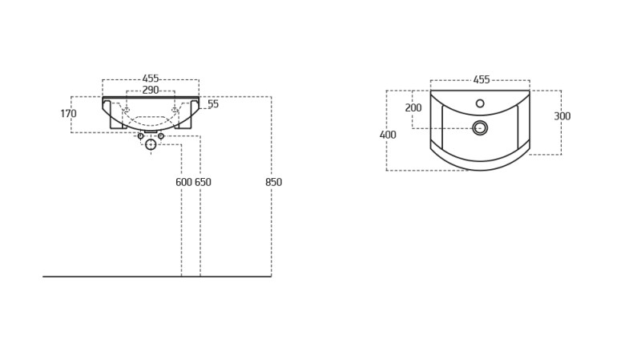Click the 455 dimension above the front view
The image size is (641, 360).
point(151,79)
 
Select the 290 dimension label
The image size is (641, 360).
point(151,90)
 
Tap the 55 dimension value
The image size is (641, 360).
point(213,104)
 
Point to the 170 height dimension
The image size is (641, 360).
point(68,113)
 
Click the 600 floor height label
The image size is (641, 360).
point(184,182)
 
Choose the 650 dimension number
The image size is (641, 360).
point(203,182)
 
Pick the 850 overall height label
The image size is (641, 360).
point(273,182)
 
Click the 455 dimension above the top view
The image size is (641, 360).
point(482,79)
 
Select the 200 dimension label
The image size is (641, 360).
point(413,107)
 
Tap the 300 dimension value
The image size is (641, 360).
point(562,116)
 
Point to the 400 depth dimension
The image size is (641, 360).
point(388,135)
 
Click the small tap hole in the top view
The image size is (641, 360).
point(480,103)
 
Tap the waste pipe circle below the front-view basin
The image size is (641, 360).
point(151,139)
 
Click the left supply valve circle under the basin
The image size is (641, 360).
point(141,136)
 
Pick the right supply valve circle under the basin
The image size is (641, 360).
point(161,136)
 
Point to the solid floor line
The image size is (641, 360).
point(157,277)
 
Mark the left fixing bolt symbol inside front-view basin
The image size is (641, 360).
point(127,111)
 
